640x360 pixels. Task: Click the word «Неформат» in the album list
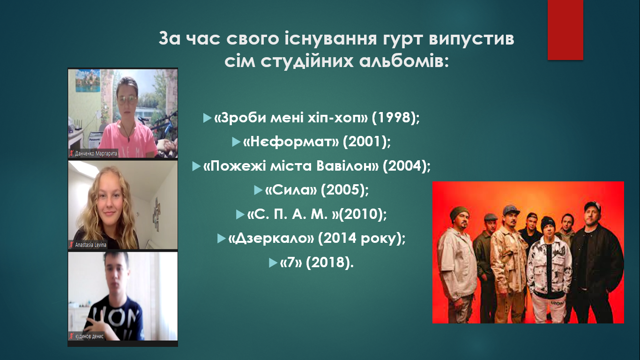pos(291,142)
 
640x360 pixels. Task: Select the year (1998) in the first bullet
pos(396,118)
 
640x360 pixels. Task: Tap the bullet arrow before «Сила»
pos(258,190)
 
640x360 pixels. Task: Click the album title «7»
pos(291,262)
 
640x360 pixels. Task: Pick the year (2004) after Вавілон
pos(407,166)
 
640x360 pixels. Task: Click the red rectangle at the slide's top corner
pos(565,30)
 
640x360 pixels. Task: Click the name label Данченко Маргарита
pos(96,154)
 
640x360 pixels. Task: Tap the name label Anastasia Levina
pos(90,245)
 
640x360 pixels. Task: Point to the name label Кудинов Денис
pos(89,336)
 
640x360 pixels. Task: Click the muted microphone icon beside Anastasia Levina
pos(71,245)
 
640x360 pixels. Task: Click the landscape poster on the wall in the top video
pos(88,81)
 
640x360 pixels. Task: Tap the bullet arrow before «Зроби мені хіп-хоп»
pos(207,118)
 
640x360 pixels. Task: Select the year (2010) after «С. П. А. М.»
pos(363,214)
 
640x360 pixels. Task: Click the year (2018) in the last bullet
pos(329,262)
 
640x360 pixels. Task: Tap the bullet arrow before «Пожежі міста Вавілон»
pos(196,166)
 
